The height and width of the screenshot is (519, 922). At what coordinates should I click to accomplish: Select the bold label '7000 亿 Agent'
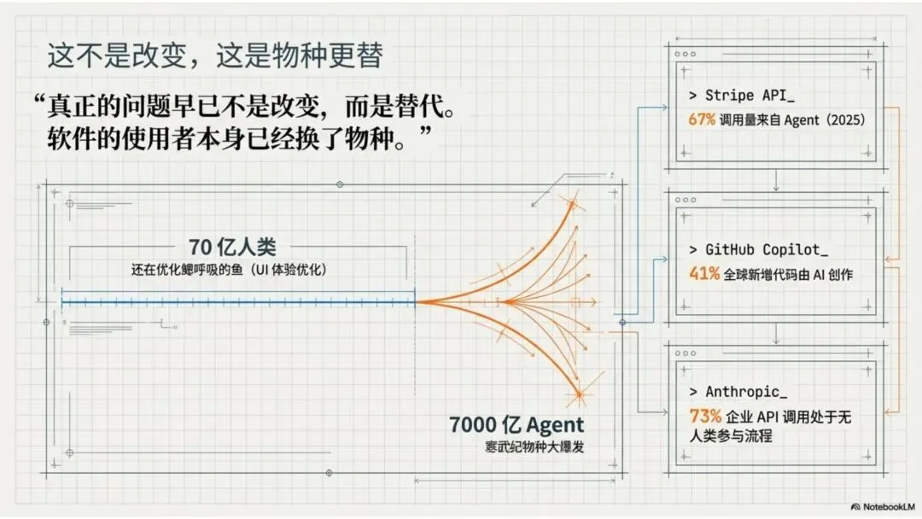click(x=517, y=425)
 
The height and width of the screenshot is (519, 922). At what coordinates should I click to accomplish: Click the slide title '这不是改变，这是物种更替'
click(x=214, y=56)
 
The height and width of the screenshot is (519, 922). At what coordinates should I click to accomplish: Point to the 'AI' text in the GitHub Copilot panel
click(x=815, y=275)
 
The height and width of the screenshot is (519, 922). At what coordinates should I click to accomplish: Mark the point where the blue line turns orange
click(x=416, y=301)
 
